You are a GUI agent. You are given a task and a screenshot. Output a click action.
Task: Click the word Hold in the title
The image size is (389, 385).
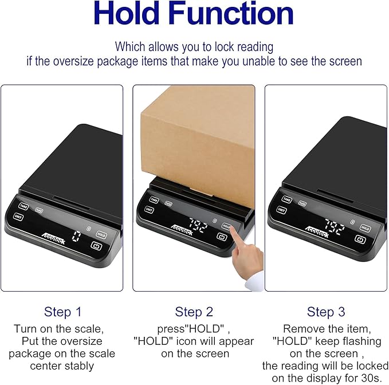[x=127, y=13]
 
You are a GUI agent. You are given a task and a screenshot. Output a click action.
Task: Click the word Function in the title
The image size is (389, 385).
[x=232, y=13]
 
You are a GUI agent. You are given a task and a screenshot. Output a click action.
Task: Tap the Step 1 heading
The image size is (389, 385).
[x=63, y=312]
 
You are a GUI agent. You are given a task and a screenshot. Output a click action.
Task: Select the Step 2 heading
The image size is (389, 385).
[x=194, y=312]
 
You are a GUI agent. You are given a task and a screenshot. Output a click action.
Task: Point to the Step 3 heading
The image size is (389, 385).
[x=326, y=312]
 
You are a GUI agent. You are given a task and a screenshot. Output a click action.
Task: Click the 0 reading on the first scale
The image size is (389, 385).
[x=76, y=236]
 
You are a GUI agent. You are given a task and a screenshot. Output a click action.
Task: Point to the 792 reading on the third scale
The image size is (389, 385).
[x=335, y=227]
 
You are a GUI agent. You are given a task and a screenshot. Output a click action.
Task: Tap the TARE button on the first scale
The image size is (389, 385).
[x=23, y=206]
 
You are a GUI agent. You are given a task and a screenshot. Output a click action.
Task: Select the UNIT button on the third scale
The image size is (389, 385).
[x=281, y=210]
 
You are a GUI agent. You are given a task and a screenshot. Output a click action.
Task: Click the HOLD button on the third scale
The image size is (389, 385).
[x=365, y=228]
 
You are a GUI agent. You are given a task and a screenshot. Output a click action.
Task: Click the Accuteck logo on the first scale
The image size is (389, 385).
[x=54, y=238]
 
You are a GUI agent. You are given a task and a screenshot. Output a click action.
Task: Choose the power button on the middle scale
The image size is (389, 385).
[x=222, y=237]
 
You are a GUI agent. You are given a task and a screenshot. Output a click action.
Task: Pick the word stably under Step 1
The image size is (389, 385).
[x=80, y=366]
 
